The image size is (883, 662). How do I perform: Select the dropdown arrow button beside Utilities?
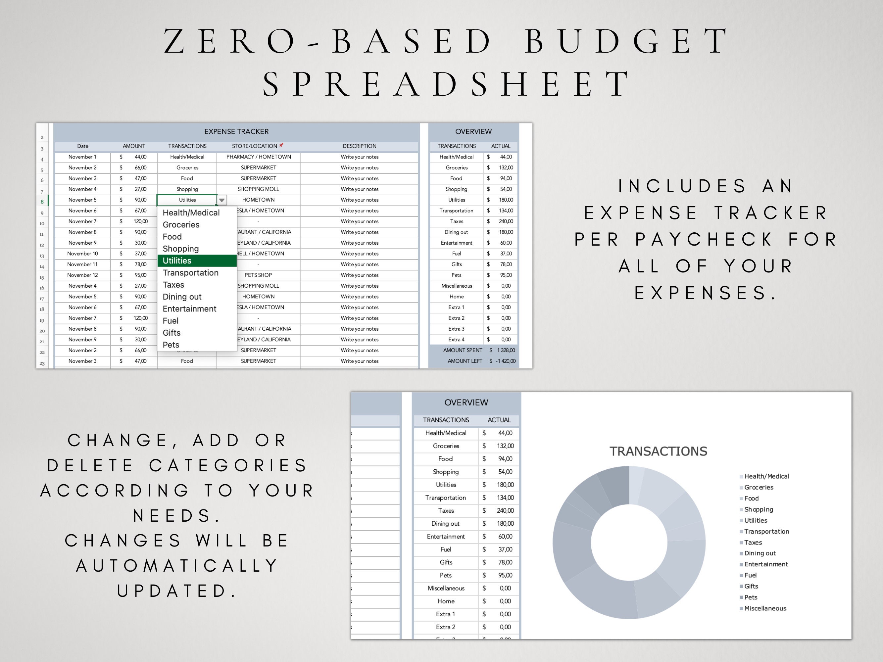tap(222, 200)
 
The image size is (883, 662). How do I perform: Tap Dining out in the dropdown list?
tap(182, 297)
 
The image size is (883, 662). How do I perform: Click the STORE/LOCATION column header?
tap(254, 146)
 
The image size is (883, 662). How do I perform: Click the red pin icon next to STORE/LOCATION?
tap(281, 145)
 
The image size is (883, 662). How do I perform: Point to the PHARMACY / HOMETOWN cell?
tap(258, 157)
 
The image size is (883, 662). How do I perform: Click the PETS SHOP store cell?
tap(258, 275)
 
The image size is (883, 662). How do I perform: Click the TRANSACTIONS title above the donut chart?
tap(658, 451)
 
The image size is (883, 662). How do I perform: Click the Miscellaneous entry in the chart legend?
tap(765, 608)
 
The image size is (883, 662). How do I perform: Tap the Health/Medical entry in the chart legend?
tap(766, 476)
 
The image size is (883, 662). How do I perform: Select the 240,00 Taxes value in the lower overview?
tap(505, 511)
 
